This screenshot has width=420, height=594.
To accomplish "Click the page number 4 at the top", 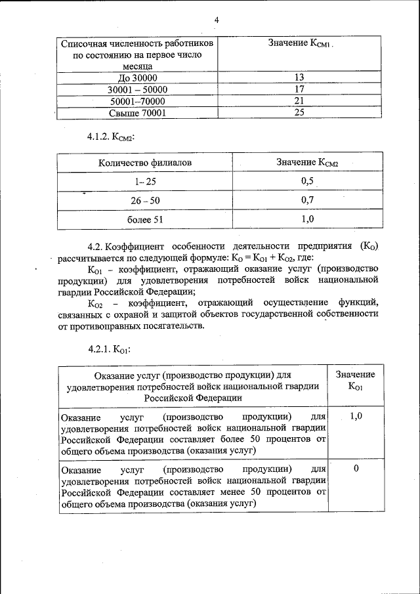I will click(216, 20).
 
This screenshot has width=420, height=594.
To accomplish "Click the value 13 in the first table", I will click(299, 77).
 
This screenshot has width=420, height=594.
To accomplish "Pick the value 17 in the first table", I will click(299, 89).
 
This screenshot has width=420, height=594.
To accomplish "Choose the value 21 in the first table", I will click(299, 100).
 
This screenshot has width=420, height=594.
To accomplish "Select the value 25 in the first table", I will click(299, 112).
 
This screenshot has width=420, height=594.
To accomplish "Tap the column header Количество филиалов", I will click(146, 162).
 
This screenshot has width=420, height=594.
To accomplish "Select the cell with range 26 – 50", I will click(146, 200).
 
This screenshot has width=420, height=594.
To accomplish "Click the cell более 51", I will click(146, 219).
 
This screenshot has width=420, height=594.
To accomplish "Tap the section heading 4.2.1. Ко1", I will click(109, 350).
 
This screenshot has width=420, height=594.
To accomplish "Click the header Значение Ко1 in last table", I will click(355, 380).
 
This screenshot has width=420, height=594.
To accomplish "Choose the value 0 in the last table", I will click(355, 468).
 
